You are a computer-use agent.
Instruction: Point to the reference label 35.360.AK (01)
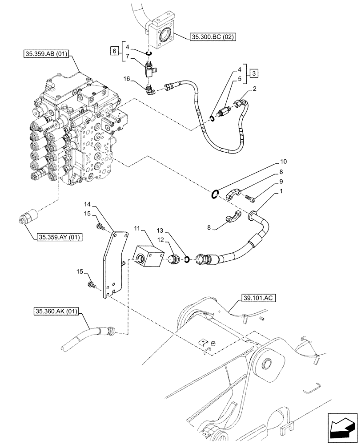(x=55, y=312)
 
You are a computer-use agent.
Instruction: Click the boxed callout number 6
(x=115, y=52)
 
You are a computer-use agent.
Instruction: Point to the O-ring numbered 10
(x=214, y=194)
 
